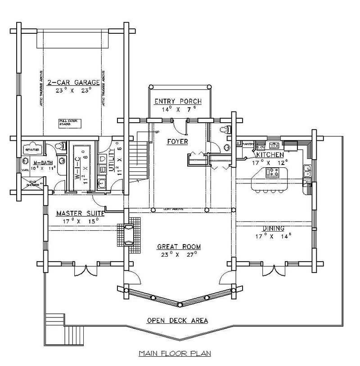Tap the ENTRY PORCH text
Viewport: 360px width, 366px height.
pos(178,101)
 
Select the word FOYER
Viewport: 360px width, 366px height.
pos(177,142)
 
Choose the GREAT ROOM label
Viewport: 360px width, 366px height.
pos(179,246)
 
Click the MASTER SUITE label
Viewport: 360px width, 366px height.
pos(80,214)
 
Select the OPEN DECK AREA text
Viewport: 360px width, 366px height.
pos(177,320)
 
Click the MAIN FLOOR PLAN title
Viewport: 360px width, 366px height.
pos(175,353)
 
